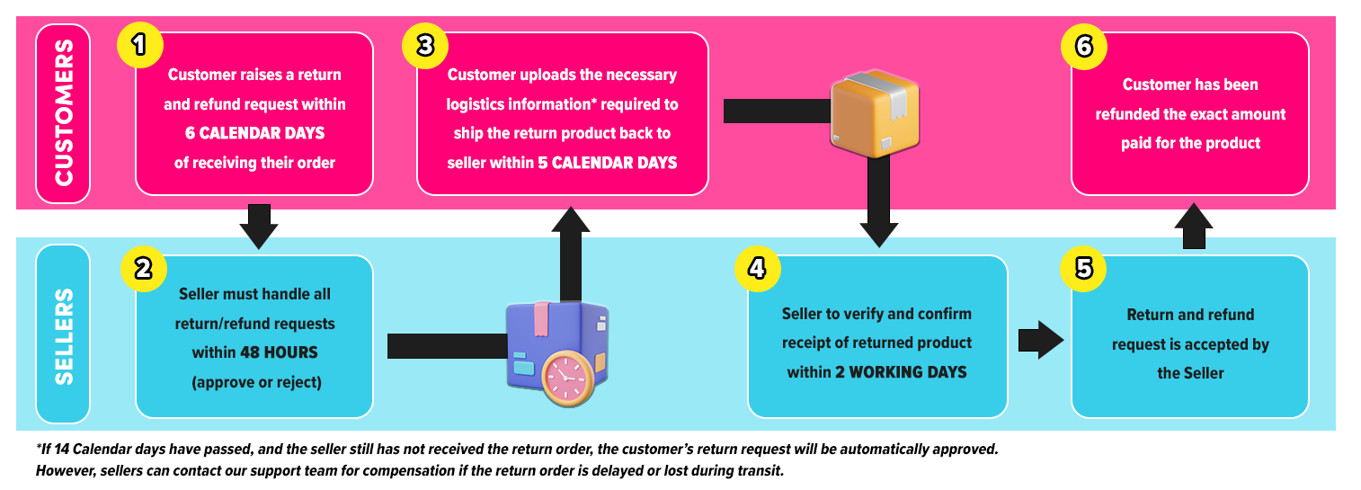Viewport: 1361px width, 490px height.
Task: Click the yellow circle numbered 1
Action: pyautogui.click(x=140, y=47)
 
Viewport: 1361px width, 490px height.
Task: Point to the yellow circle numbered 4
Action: pyautogui.click(x=758, y=269)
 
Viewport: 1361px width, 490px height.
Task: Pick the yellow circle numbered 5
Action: pyautogui.click(x=1083, y=269)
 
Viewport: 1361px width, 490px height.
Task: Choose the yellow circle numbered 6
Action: pyautogui.click(x=1083, y=47)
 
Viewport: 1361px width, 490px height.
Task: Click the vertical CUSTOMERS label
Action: pyautogui.click(x=63, y=113)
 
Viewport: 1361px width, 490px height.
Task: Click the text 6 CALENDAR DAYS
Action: pyautogui.click(x=254, y=134)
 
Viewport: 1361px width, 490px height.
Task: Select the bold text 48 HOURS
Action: pyautogui.click(x=279, y=352)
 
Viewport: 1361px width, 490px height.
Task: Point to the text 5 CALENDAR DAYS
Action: pyautogui.click(x=614, y=163)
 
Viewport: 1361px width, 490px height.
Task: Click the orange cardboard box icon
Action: pyautogui.click(x=875, y=111)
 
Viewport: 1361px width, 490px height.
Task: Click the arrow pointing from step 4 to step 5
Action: pyautogui.click(x=1040, y=340)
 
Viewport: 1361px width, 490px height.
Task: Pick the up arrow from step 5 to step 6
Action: pyautogui.click(x=1194, y=224)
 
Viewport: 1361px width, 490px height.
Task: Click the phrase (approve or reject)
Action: pyautogui.click(x=255, y=381)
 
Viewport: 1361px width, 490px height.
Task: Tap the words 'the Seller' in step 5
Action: pyautogui.click(x=1190, y=373)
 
